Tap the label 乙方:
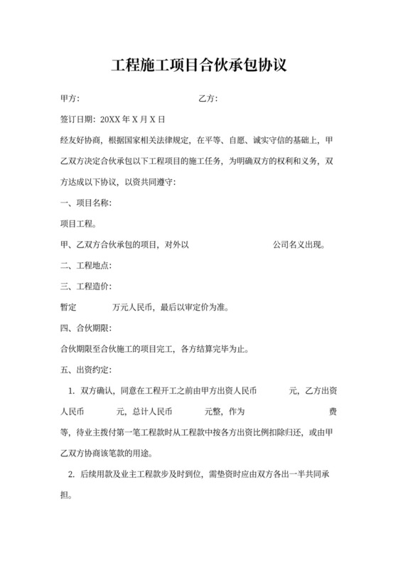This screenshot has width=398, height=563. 208,98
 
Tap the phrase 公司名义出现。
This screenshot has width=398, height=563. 299,245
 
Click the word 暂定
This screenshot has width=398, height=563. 70,308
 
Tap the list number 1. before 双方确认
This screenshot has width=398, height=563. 71,391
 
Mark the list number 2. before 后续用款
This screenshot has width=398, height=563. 71,474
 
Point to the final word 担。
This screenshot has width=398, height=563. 67,495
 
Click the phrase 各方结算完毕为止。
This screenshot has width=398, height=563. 215,349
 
